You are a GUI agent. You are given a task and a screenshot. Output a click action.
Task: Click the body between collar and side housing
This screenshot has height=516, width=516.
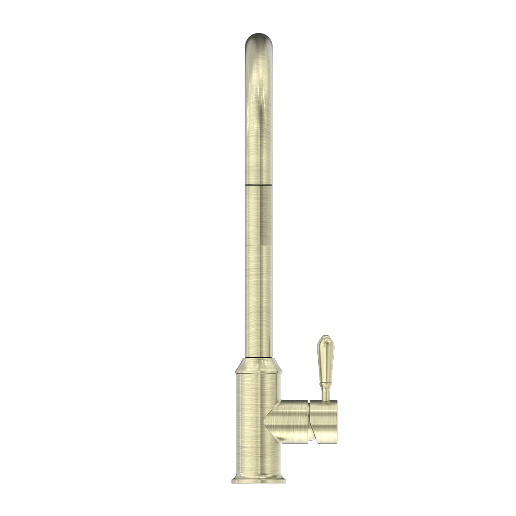tap(257, 387)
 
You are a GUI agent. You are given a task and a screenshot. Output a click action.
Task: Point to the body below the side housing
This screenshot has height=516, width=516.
tap(257, 447)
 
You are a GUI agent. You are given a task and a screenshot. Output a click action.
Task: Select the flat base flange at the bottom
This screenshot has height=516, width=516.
tap(258, 478)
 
